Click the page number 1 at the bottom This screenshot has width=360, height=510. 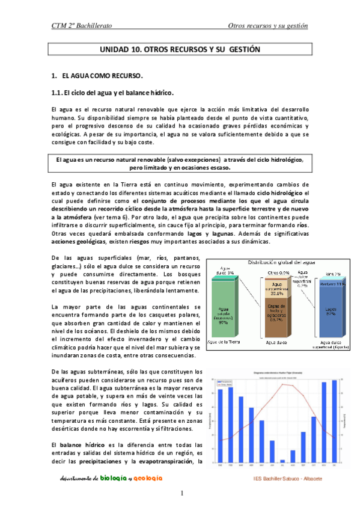[181, 494]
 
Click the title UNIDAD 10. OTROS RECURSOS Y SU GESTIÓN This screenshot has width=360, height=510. [180, 51]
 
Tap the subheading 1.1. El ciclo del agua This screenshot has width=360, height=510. [113, 93]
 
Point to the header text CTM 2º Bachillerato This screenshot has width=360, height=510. [82, 26]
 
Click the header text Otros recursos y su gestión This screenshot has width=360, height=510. [267, 26]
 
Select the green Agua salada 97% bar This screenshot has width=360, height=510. [224, 312]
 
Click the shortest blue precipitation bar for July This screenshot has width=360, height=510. [282, 461]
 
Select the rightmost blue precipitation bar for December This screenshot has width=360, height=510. [335, 421]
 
